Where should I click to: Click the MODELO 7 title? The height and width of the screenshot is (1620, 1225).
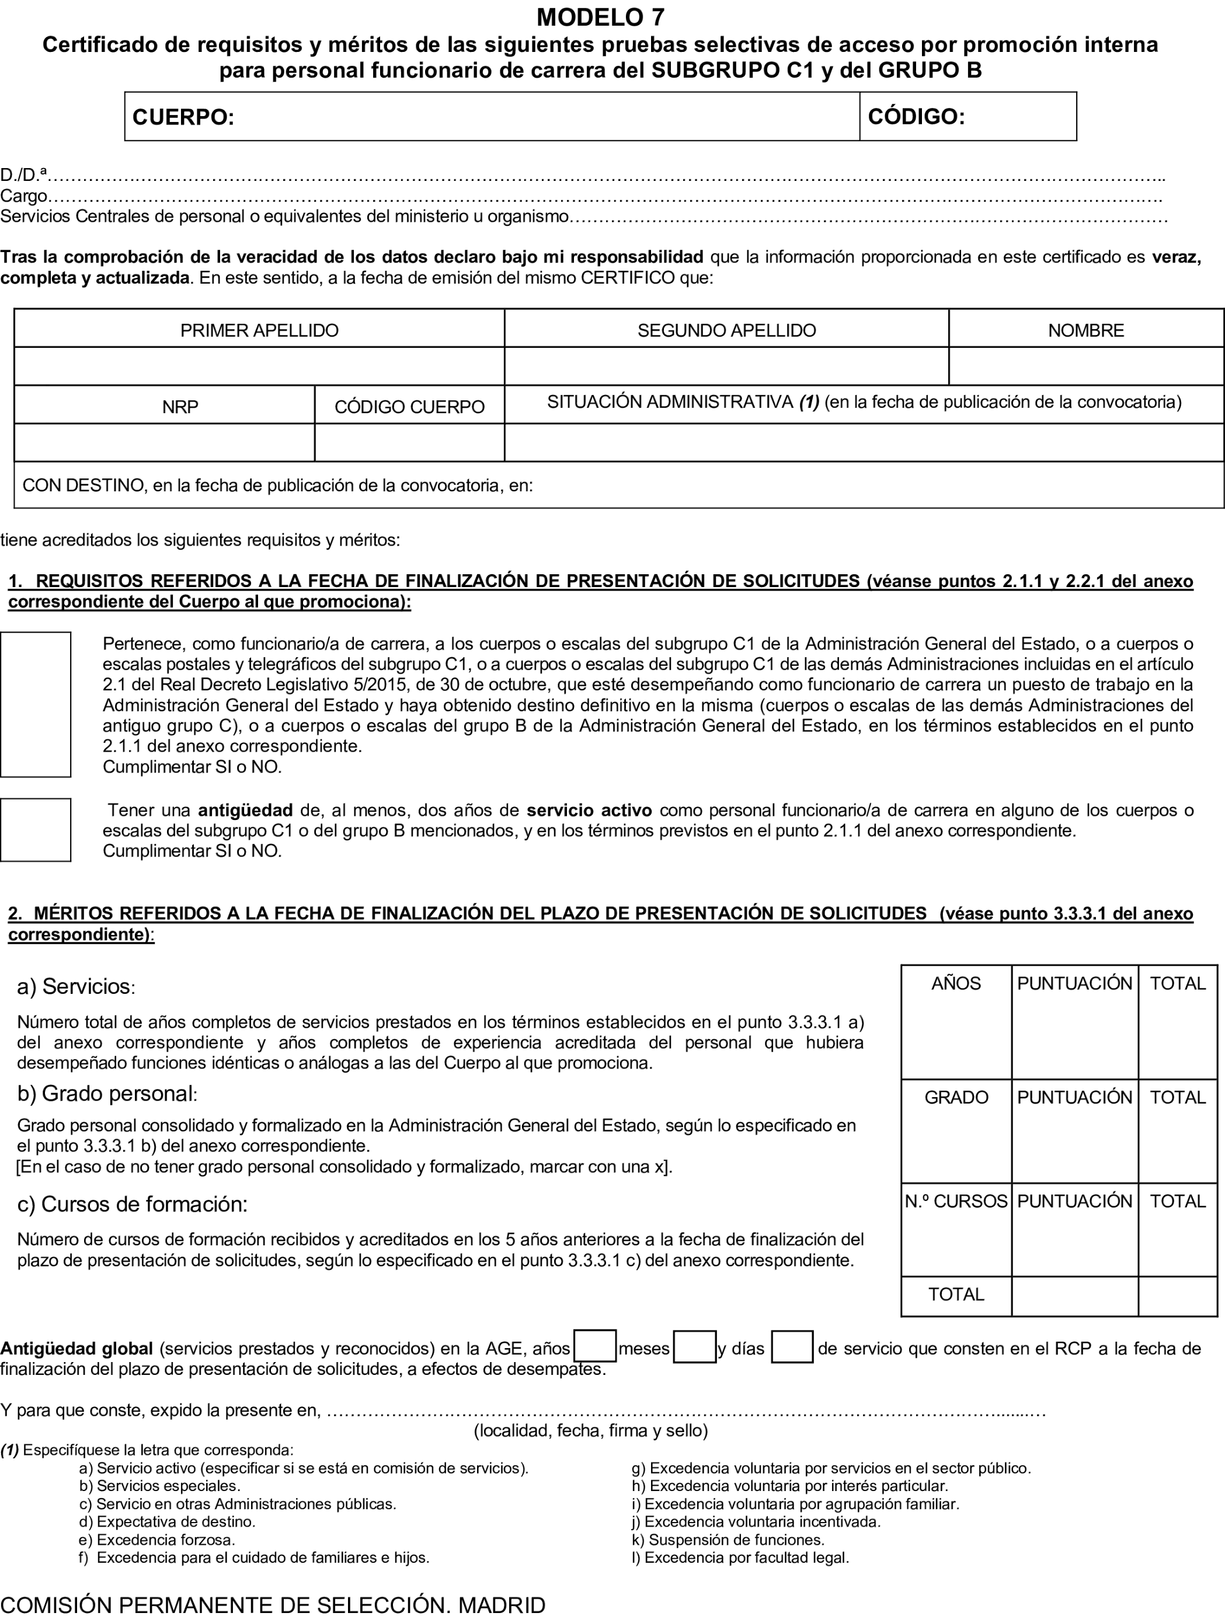point(600,16)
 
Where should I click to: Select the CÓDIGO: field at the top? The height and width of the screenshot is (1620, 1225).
point(967,117)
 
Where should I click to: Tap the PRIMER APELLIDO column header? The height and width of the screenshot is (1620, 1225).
point(259,330)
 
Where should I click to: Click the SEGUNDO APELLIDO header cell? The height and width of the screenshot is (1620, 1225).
point(726,330)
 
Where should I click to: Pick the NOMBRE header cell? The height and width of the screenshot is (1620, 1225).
point(1086,330)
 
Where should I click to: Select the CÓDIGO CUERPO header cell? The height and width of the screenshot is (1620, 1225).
point(409,407)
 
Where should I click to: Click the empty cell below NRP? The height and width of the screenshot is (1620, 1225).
point(164,443)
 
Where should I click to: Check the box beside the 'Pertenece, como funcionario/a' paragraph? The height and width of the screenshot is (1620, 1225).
point(35,704)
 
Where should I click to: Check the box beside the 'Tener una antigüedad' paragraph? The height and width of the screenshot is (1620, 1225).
point(35,830)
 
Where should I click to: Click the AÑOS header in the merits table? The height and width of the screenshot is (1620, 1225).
point(956,983)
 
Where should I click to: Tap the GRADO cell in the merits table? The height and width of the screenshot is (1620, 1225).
point(956,1097)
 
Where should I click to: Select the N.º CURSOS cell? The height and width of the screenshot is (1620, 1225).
point(956,1201)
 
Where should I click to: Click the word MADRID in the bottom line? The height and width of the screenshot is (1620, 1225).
point(502,1605)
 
